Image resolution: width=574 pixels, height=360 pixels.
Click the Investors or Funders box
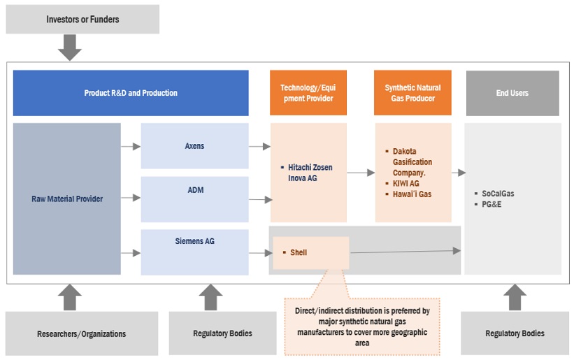point(82,20)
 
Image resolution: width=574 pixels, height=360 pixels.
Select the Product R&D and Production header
point(131,93)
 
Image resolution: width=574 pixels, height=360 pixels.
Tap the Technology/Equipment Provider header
point(308,93)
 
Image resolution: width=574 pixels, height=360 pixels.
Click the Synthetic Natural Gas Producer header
point(412,93)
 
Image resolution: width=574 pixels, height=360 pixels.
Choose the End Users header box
point(512,93)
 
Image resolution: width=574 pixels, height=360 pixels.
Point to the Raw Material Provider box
point(67,199)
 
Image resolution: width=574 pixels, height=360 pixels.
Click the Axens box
point(194,146)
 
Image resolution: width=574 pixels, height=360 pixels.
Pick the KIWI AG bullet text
point(406,183)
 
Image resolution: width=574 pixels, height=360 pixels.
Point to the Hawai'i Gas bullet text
point(412,194)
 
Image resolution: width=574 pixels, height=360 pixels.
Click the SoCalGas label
point(498,194)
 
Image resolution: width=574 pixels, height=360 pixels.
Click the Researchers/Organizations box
point(82,333)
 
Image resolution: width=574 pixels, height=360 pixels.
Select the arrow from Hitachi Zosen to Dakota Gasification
point(360,172)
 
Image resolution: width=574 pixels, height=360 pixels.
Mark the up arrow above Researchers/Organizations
point(70,297)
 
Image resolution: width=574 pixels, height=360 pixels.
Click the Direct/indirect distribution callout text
point(362,323)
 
